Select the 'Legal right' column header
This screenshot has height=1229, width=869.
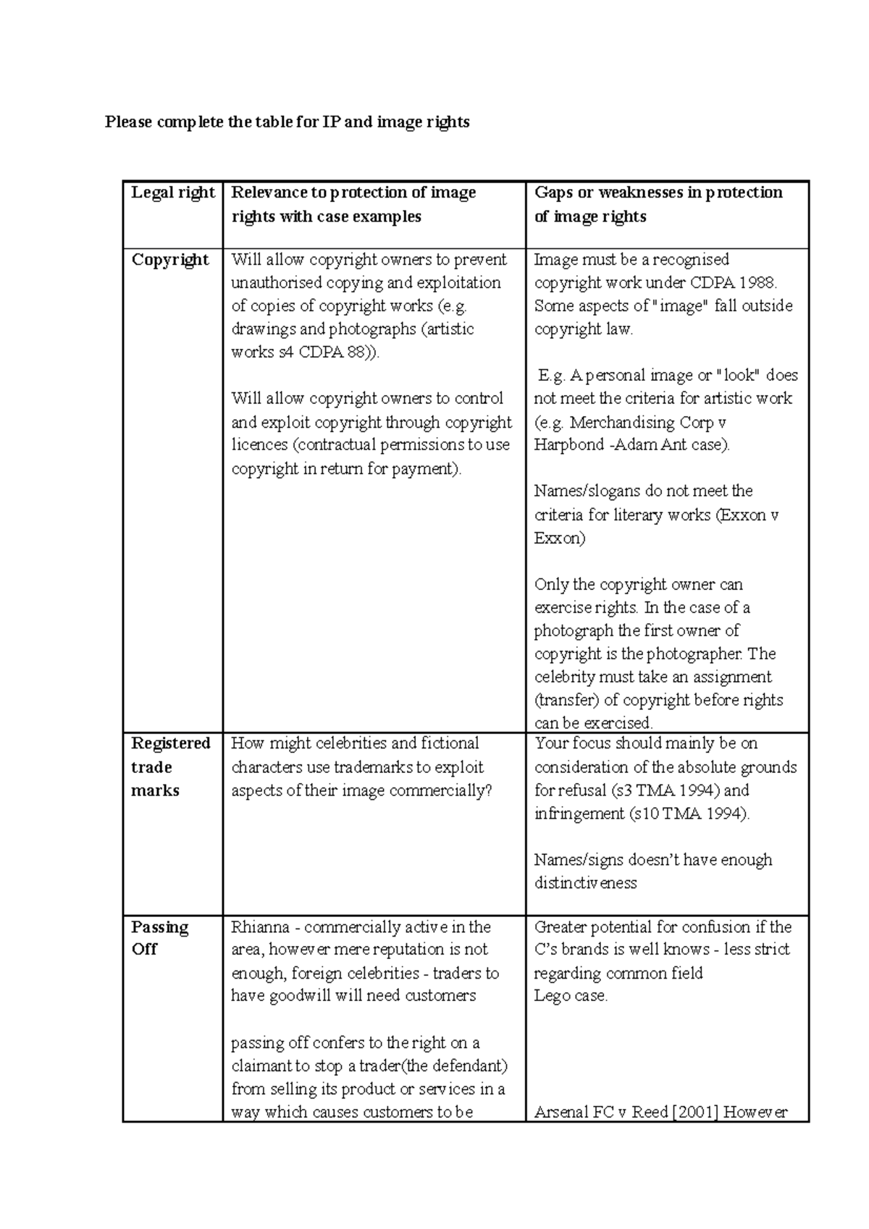(x=172, y=193)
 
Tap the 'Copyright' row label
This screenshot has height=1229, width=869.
(x=170, y=260)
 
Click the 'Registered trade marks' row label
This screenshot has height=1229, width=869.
(x=170, y=766)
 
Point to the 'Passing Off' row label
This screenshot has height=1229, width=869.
(x=159, y=938)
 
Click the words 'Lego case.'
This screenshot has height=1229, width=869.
(x=571, y=996)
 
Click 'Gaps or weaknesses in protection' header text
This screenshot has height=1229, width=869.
(x=658, y=193)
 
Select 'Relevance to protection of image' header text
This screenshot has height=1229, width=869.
(x=353, y=193)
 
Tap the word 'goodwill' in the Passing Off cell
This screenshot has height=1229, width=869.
(x=299, y=996)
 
